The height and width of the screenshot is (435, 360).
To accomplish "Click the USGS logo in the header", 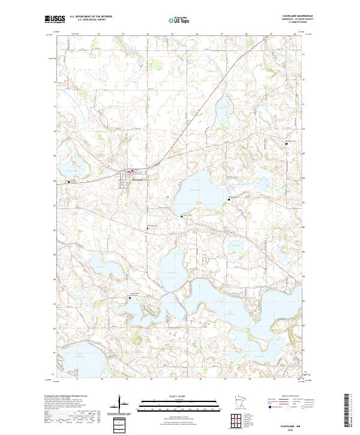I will coord(53,19).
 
